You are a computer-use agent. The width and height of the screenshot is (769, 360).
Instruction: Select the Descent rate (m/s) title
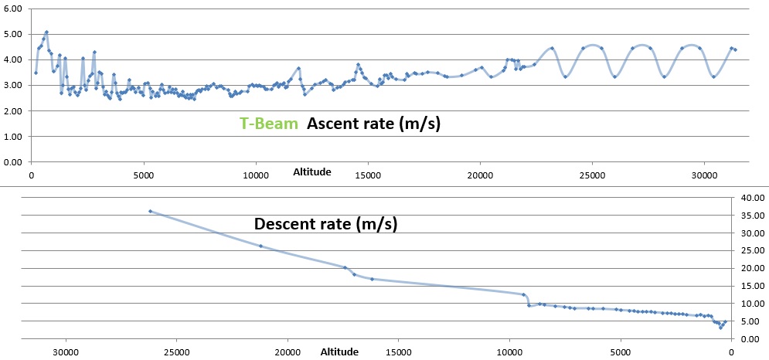coord(325,224)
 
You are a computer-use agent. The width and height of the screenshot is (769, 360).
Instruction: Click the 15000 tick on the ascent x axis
coord(367,175)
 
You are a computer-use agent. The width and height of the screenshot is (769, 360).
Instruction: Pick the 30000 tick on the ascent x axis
coord(704,175)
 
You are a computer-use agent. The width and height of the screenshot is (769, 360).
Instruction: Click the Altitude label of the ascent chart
coord(312,172)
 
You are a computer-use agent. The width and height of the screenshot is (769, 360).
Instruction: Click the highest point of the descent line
coord(150,211)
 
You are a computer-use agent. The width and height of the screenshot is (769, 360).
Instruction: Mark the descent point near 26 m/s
coord(260,246)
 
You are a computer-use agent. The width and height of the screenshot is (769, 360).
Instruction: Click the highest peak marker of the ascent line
coord(46,32)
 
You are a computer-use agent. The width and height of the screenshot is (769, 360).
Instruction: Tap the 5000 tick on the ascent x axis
coord(145,175)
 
